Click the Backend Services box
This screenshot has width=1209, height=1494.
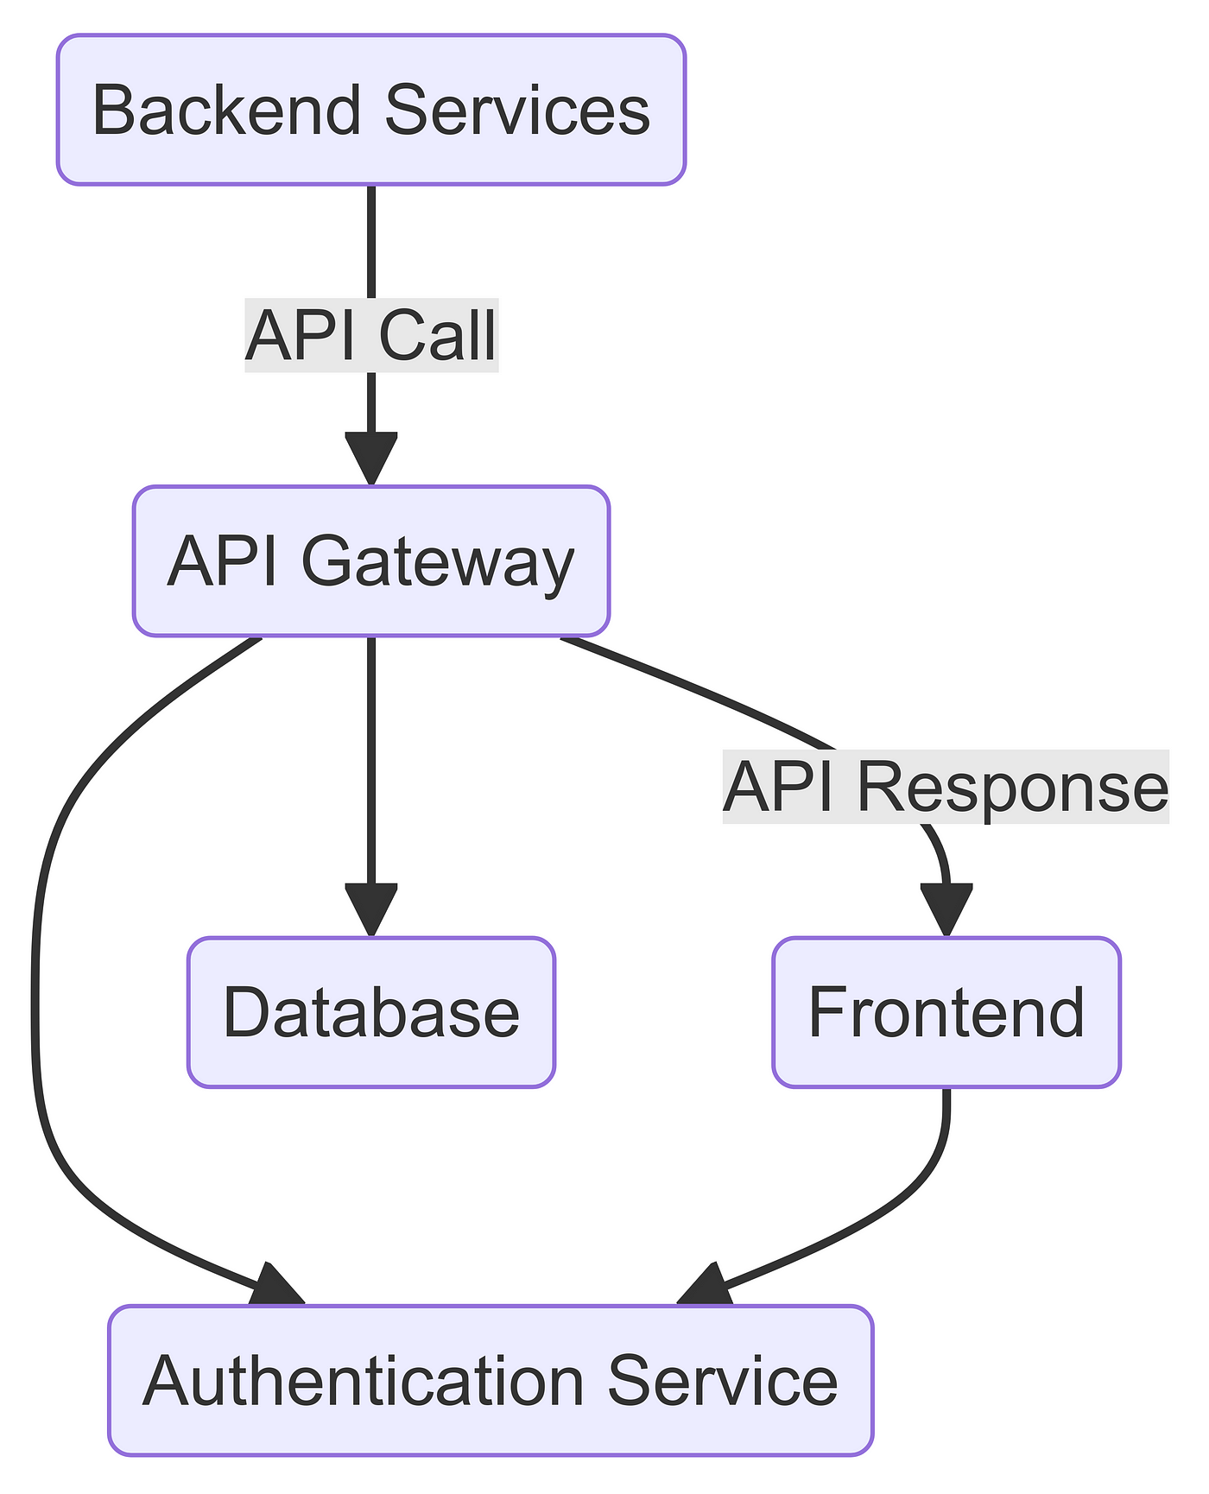tap(371, 110)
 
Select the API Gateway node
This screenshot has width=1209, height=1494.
tap(371, 561)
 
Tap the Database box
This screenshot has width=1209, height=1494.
tap(371, 1012)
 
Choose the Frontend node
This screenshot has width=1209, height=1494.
tap(946, 1012)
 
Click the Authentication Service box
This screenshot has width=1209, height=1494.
tap(491, 1380)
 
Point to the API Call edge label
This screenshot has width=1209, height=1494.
tap(371, 335)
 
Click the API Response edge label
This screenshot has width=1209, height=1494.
tap(946, 787)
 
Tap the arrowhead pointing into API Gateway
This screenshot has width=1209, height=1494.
tap(371, 459)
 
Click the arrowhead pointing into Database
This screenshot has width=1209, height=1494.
tap(371, 910)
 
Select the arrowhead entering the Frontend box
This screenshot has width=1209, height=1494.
tap(946, 910)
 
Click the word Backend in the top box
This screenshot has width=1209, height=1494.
tap(226, 111)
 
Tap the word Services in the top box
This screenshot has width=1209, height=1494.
tap(517, 111)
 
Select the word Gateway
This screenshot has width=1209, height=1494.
tap(438, 563)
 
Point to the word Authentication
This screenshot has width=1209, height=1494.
tap(364, 1381)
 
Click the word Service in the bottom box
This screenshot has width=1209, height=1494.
tap(723, 1381)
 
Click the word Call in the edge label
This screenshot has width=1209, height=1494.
tap(437, 335)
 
